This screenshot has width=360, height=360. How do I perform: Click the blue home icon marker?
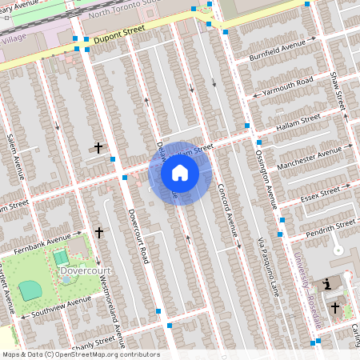pyautogui.click(x=180, y=172)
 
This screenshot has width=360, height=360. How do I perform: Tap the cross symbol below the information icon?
pyautogui.click(x=335, y=306)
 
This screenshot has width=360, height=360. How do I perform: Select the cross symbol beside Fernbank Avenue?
pyautogui.click(x=99, y=232)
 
